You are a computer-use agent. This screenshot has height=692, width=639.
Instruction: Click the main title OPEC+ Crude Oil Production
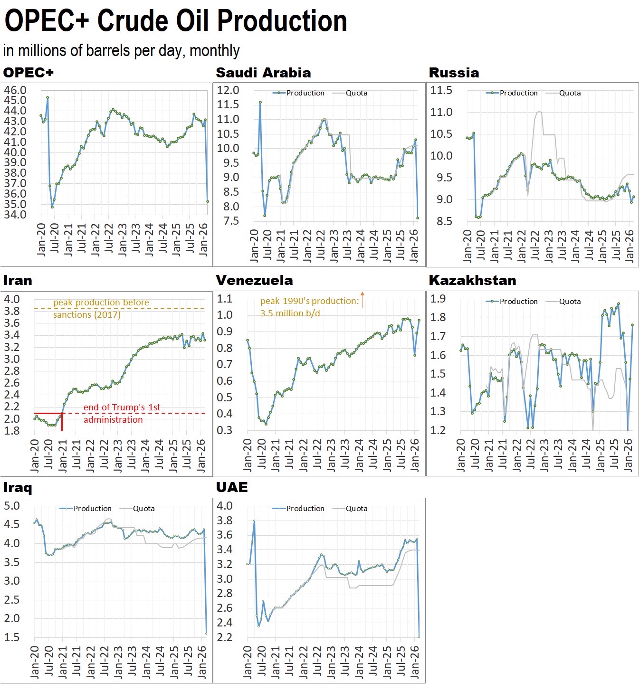[176, 21]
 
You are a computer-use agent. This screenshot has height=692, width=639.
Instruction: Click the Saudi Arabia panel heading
[263, 73]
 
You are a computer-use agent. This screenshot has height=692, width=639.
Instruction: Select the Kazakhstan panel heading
[472, 280]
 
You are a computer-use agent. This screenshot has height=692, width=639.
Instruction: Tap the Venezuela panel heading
[254, 280]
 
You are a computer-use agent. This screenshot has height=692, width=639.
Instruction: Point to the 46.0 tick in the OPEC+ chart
[15, 90]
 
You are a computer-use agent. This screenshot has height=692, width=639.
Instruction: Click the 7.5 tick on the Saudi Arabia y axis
[228, 221]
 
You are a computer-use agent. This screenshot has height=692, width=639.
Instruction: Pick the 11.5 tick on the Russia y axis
[441, 90]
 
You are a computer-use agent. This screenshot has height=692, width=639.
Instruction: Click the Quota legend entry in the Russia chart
[570, 93]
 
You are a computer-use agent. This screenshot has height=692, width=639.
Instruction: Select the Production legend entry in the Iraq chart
[92, 509]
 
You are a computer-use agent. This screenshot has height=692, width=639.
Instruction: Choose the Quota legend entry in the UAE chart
[356, 509]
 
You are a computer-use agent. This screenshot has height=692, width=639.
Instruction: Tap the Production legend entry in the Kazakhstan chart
[518, 302]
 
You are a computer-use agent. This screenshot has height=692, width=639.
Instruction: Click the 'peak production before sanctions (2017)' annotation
[101, 308]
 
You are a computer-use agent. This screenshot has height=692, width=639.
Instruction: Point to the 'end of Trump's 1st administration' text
[122, 413]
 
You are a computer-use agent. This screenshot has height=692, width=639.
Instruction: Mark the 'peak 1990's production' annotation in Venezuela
[309, 307]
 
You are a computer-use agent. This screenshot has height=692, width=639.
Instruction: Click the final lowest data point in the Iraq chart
[206, 633]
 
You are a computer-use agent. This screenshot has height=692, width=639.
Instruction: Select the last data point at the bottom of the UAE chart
[419, 637]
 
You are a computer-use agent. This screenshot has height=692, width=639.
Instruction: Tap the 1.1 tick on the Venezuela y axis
[225, 299]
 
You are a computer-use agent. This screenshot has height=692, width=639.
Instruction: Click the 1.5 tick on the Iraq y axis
[12, 637]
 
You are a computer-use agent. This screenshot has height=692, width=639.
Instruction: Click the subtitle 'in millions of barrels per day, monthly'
[121, 50]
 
